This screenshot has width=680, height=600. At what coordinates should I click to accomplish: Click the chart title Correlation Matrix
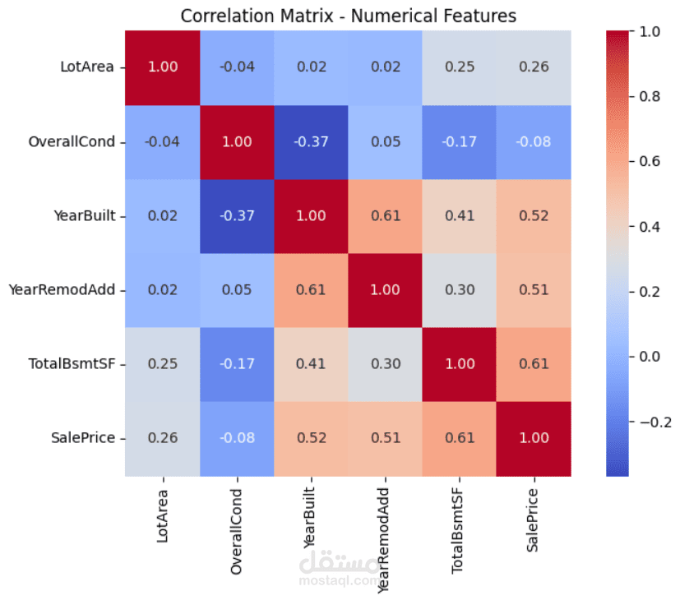tap(349, 16)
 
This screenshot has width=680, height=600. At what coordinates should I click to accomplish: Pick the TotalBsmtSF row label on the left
tap(72, 364)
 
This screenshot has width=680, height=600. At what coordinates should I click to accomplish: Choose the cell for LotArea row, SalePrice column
tap(533, 67)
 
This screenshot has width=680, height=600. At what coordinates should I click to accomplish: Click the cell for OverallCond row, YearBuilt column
tap(311, 141)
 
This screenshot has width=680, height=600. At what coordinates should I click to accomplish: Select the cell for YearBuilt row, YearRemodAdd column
tap(386, 215)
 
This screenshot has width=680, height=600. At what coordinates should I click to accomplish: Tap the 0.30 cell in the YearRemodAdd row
tap(460, 290)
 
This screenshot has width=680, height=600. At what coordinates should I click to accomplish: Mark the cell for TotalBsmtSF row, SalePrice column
tap(533, 364)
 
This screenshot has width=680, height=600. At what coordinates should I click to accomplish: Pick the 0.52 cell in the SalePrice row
tap(311, 439)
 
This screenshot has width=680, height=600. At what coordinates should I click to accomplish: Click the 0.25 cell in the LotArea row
tap(460, 67)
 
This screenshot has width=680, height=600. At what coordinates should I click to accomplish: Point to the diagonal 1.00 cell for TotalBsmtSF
tap(460, 364)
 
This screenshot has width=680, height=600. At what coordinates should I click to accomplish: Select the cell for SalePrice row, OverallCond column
tap(237, 439)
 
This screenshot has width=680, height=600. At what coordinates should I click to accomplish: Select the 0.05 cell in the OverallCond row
tap(386, 141)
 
